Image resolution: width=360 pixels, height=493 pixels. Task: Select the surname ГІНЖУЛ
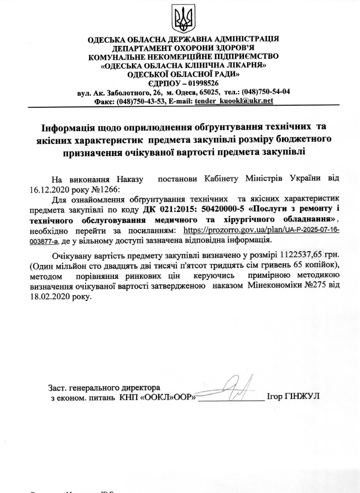pyautogui.click(x=302, y=397)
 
